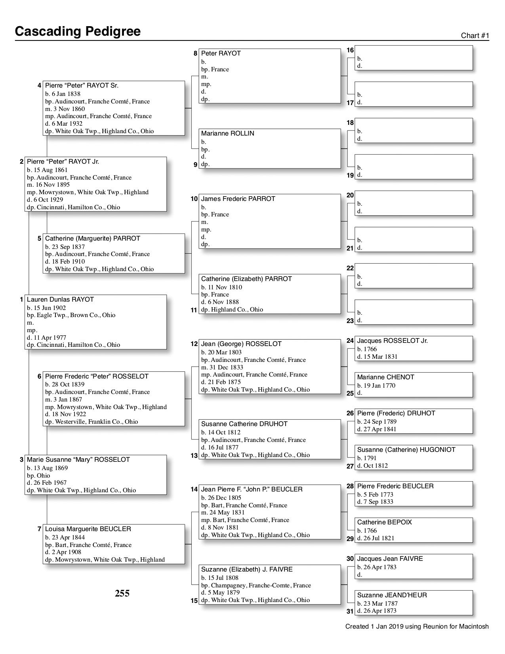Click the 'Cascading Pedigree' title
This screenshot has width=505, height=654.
click(78, 31)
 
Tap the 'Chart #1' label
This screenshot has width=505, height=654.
click(475, 36)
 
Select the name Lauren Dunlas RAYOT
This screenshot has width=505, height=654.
click(60, 300)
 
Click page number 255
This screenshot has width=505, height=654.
click(122, 593)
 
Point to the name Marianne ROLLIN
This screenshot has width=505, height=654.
click(227, 134)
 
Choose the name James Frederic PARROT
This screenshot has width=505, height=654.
click(238, 199)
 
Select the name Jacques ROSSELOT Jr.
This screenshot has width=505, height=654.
click(392, 341)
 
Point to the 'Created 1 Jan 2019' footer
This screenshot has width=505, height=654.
click(417, 627)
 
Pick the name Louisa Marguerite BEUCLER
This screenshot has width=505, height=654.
click(88, 529)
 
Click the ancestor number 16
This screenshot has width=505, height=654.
click(350, 50)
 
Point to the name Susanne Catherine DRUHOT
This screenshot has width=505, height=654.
click(244, 424)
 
